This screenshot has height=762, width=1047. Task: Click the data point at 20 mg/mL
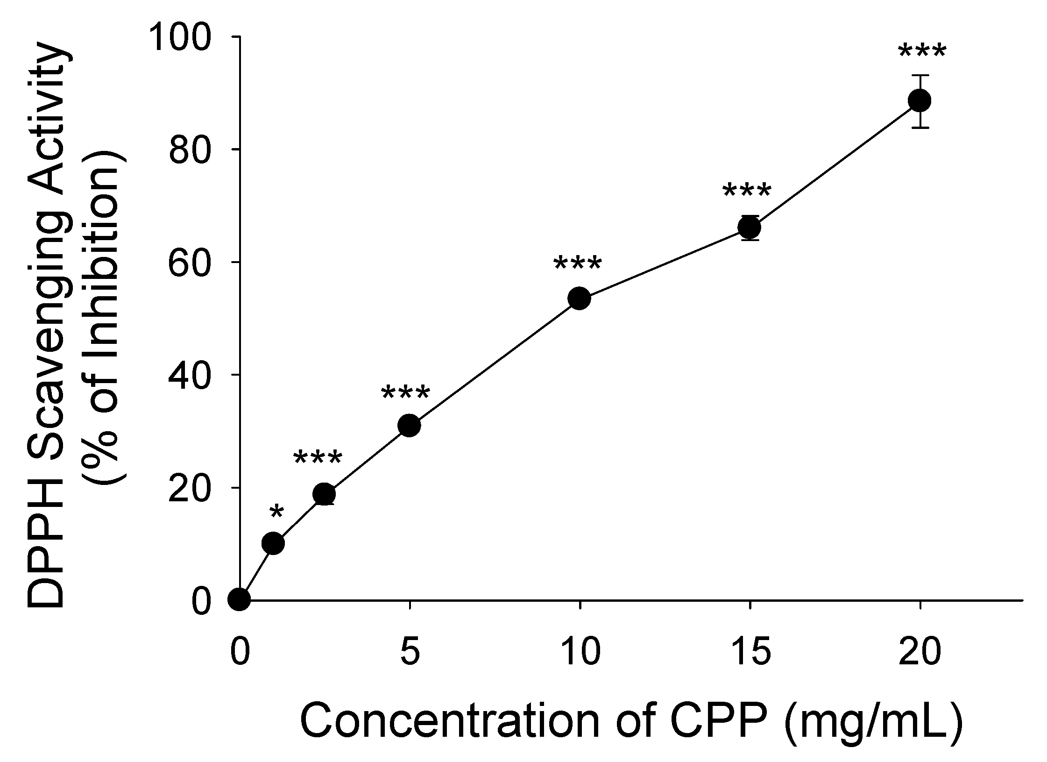[920, 100]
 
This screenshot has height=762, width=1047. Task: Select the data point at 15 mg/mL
[750, 228]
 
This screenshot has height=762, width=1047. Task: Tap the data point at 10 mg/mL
[580, 298]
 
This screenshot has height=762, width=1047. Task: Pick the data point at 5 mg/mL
[410, 425]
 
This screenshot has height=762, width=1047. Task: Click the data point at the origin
[239, 599]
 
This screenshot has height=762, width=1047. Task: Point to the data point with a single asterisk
[274, 543]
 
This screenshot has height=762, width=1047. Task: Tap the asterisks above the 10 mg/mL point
[577, 265]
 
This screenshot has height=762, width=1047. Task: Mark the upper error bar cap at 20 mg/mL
[920, 75]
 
